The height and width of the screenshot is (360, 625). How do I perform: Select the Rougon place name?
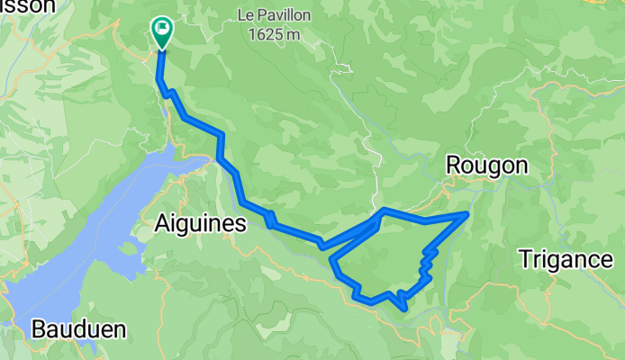[x=486, y=166]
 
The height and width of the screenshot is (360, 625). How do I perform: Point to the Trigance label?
[x=566, y=259]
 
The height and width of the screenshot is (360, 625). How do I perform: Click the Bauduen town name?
[x=78, y=329]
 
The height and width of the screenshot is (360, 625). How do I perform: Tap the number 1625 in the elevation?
[x=266, y=34]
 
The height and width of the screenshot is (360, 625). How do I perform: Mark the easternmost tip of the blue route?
[x=466, y=213]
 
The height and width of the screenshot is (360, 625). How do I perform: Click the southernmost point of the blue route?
[x=406, y=310]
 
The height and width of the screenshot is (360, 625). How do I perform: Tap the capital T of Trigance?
[x=525, y=259]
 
